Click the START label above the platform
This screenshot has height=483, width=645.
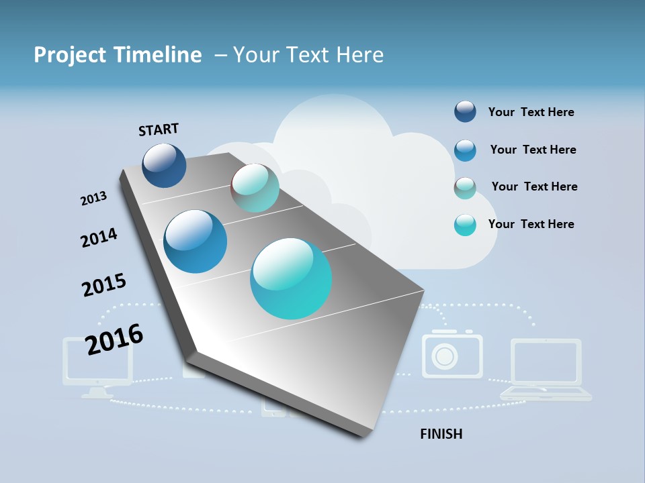coord(159,129)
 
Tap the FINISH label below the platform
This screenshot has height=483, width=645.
coord(441,434)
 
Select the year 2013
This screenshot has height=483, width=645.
coord(93,199)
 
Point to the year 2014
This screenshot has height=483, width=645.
coord(99,237)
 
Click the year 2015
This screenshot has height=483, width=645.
coord(104,285)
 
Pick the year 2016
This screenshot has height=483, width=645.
coord(114,339)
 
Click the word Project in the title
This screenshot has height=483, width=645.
coord(69,55)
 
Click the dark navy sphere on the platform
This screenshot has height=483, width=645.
coord(164,165)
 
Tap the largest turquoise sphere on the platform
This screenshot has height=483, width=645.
coord(291,278)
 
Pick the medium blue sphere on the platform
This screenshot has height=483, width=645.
coord(196,241)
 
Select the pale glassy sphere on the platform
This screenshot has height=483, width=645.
coord(255,188)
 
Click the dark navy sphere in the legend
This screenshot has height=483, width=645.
coord(465,112)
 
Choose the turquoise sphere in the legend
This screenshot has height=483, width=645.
coord(465,225)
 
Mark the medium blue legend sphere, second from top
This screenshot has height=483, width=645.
coord(465,150)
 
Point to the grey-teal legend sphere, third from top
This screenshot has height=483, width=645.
coord(465,188)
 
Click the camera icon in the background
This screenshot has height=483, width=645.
coord(451,354)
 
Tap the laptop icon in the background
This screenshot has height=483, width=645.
coord(546,370)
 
